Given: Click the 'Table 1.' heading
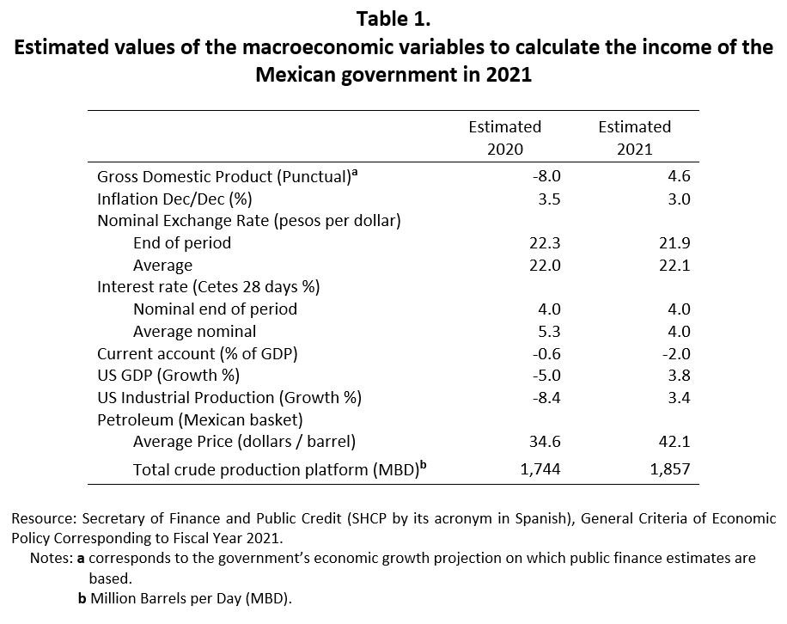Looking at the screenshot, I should tap(394, 18).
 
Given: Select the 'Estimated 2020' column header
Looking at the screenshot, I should tap(504, 138).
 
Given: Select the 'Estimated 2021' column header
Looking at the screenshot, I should tap(634, 138).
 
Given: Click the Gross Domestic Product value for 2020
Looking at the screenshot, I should tap(546, 176).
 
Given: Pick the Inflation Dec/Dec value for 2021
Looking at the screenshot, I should tap(679, 199).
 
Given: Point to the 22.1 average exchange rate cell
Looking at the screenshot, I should tap(676, 266).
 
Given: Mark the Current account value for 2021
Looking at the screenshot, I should tap(675, 353).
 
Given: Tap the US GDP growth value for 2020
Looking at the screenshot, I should tap(546, 376).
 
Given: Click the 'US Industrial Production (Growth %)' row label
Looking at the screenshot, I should tap(229, 398).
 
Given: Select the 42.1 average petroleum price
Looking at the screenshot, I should tap(676, 442).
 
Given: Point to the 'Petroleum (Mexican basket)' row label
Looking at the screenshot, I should tap(199, 420).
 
